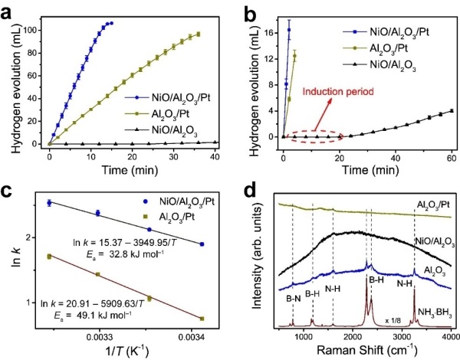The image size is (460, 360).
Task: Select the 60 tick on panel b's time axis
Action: pyautogui.click(x=452, y=165)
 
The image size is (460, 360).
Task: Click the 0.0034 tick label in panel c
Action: pyautogui.click(x=202, y=336)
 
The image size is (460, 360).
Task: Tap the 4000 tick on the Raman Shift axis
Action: pyautogui.click(x=449, y=337)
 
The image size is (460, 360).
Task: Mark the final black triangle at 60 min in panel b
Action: pyautogui.click(x=452, y=111)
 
